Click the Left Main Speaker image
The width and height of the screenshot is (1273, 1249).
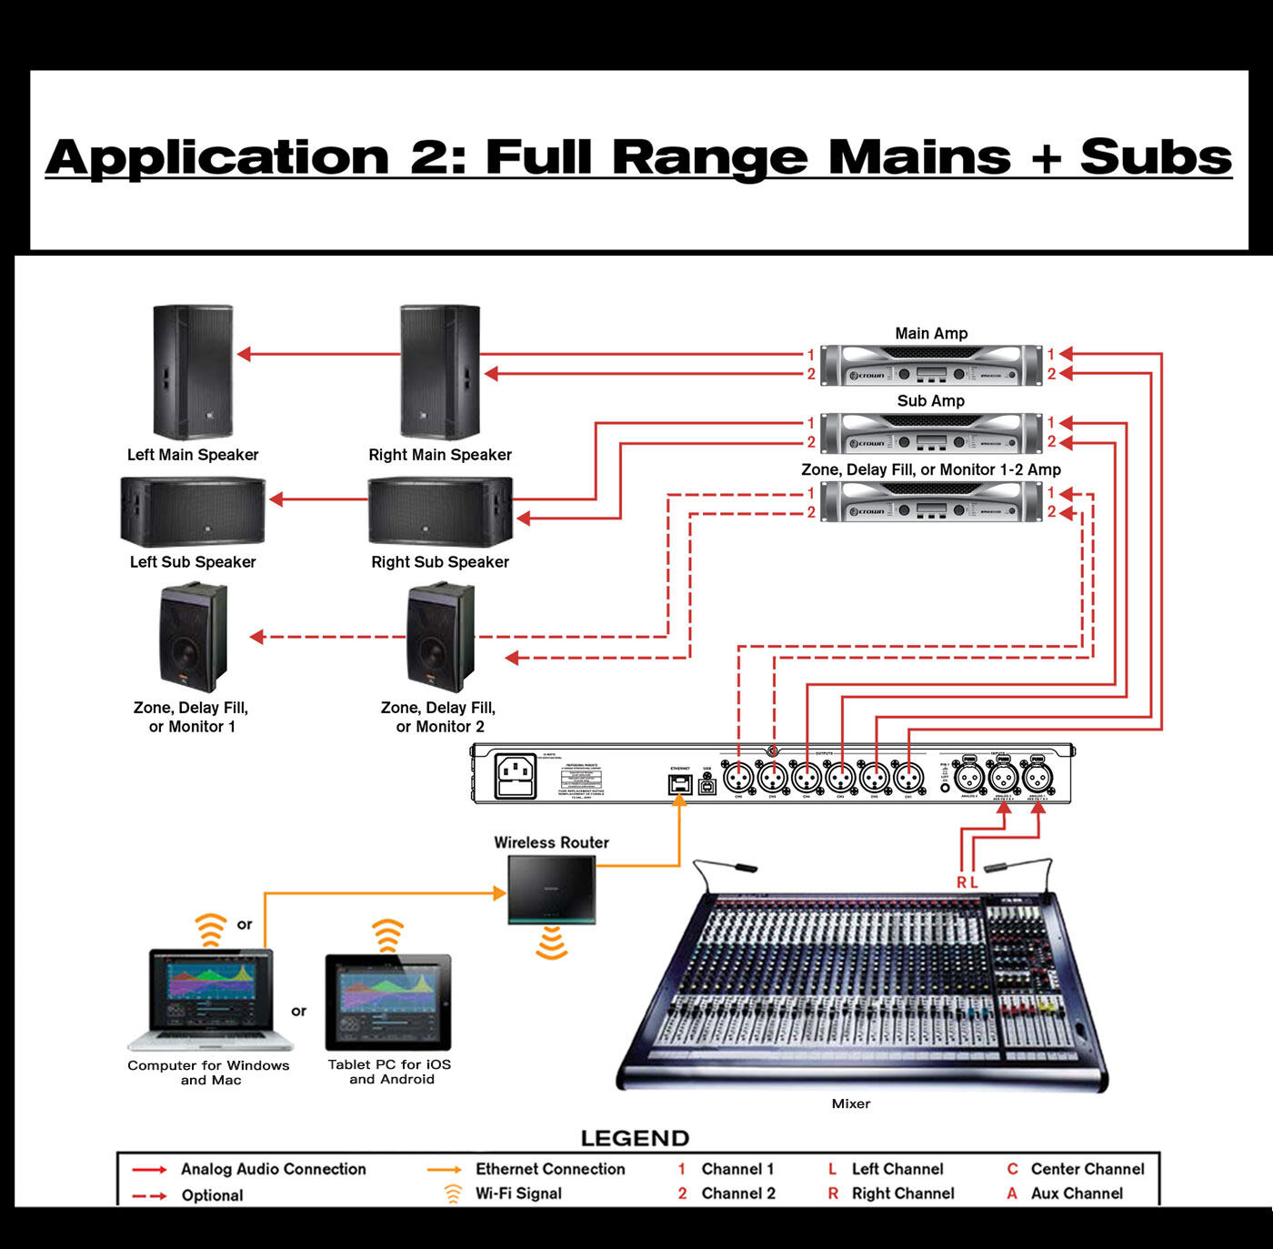coord(193,372)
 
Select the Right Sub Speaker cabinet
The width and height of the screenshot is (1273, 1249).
coord(440,511)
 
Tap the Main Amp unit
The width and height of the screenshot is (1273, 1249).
coord(930,366)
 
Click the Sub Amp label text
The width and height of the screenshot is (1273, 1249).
coord(930,401)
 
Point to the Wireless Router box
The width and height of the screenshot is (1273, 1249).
coord(552,891)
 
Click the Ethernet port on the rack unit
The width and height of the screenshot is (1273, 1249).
coord(679,784)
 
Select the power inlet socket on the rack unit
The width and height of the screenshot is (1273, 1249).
coord(515,778)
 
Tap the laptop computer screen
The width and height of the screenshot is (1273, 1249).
coord(210,991)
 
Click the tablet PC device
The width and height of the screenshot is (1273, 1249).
coord(388,1002)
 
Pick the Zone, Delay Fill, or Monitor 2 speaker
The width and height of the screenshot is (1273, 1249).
coord(440,638)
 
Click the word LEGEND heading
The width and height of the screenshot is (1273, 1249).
coord(635,1139)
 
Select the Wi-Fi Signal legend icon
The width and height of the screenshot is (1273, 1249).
coord(452,1194)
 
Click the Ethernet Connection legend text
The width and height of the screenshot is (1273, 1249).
coord(550,1169)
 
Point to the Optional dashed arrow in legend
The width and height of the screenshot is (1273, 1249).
coord(149,1195)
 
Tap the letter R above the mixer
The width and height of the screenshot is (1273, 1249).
coord(961,882)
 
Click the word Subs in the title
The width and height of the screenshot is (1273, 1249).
coord(1156,157)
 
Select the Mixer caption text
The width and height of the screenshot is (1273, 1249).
coord(850,1103)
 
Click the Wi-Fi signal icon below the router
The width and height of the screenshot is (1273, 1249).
coord(551,942)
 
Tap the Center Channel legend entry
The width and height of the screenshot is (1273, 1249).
coord(1087,1169)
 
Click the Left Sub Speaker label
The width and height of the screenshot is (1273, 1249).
coord(193,562)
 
